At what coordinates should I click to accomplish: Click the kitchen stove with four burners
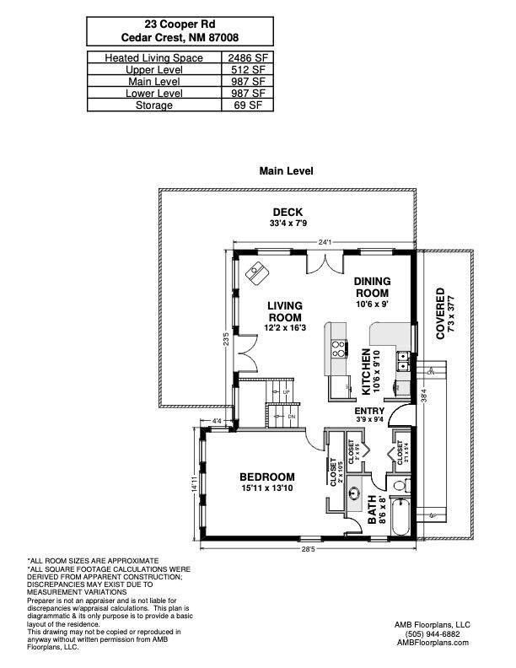coord(339,348)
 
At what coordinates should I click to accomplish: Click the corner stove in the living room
coord(255,272)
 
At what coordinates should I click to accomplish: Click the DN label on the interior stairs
coord(292,417)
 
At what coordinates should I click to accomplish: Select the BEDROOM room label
coord(266,477)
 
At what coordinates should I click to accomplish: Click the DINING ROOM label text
coord(371,287)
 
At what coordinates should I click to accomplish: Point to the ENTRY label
coord(369,411)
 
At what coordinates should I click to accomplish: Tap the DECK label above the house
coord(288,212)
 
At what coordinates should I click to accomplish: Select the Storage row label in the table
coord(154,105)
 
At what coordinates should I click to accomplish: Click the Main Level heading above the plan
coord(287,170)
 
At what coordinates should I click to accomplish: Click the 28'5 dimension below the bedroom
coord(312,549)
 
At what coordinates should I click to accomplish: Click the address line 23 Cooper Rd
coord(180,25)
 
